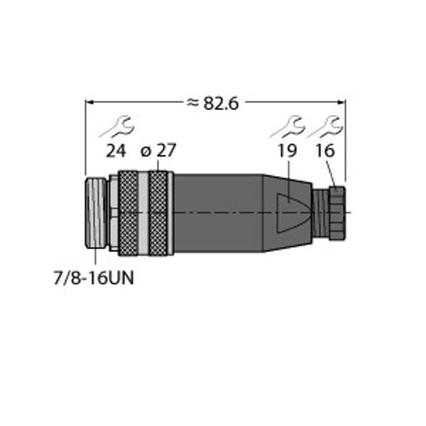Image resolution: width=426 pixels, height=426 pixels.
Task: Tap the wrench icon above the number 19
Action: click(x=288, y=128)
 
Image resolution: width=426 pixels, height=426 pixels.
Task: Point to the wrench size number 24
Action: click(x=116, y=151)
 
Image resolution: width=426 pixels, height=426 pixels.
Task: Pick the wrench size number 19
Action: click(x=287, y=151)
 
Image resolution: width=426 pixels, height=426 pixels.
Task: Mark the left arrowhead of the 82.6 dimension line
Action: click(x=89, y=103)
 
